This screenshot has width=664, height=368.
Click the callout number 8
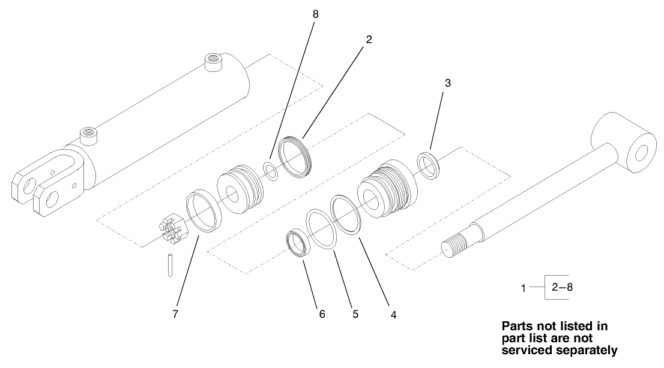[315, 13]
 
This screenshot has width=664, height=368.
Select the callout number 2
[369, 40]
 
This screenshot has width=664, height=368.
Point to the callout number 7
[176, 313]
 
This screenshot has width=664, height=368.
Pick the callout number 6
[322, 313]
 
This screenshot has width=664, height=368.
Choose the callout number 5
[355, 313]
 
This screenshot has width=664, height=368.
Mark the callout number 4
[393, 313]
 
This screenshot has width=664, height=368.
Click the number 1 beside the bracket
[523, 288]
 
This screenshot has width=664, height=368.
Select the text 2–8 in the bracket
[561, 287]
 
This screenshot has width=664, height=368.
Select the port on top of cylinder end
[213, 61]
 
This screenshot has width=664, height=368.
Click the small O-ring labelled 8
[271, 171]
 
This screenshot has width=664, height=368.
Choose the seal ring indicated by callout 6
[298, 243]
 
